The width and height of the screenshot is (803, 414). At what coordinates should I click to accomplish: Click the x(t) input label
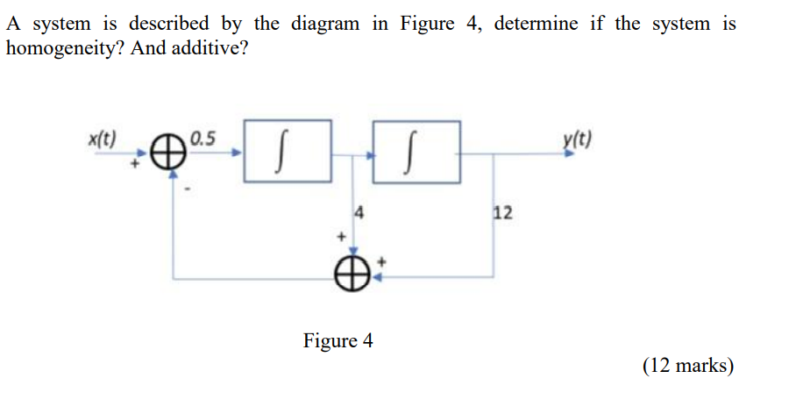tap(103, 139)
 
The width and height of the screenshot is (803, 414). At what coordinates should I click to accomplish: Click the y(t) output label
tap(578, 139)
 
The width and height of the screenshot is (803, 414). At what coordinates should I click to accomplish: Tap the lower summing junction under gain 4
tap(351, 275)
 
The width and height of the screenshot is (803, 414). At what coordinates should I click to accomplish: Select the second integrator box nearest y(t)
tap(416, 152)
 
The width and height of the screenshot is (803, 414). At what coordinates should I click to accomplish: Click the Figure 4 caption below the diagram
tap(338, 340)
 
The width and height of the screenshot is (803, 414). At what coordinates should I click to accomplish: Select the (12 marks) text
tap(688, 366)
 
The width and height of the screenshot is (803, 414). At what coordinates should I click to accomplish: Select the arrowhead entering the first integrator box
tap(236, 153)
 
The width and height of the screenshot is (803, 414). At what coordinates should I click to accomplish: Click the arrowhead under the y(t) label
tap(572, 153)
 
